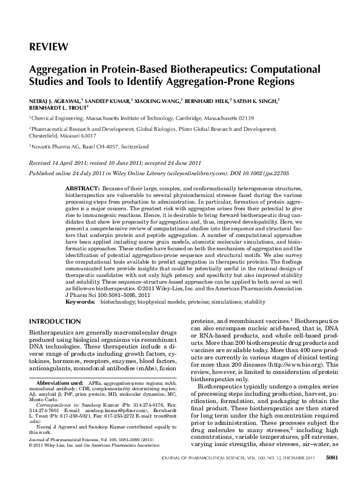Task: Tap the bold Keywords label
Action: [79, 301]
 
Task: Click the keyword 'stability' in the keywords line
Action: [254, 301]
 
